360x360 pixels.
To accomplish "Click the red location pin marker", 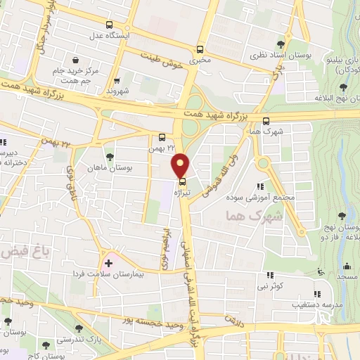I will point(181,166).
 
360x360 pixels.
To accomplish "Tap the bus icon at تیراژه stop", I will point(183,181).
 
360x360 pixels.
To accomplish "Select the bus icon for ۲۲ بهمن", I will point(162,138).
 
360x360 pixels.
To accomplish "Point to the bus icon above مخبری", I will point(201,49).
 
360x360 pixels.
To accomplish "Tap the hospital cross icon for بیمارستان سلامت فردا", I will point(108,263).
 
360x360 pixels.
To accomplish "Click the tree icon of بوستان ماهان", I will point(109,157).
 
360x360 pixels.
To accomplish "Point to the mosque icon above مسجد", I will point(347,266).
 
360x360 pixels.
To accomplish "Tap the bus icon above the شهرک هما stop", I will point(266,120).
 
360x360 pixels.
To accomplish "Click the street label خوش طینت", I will point(162,60).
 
